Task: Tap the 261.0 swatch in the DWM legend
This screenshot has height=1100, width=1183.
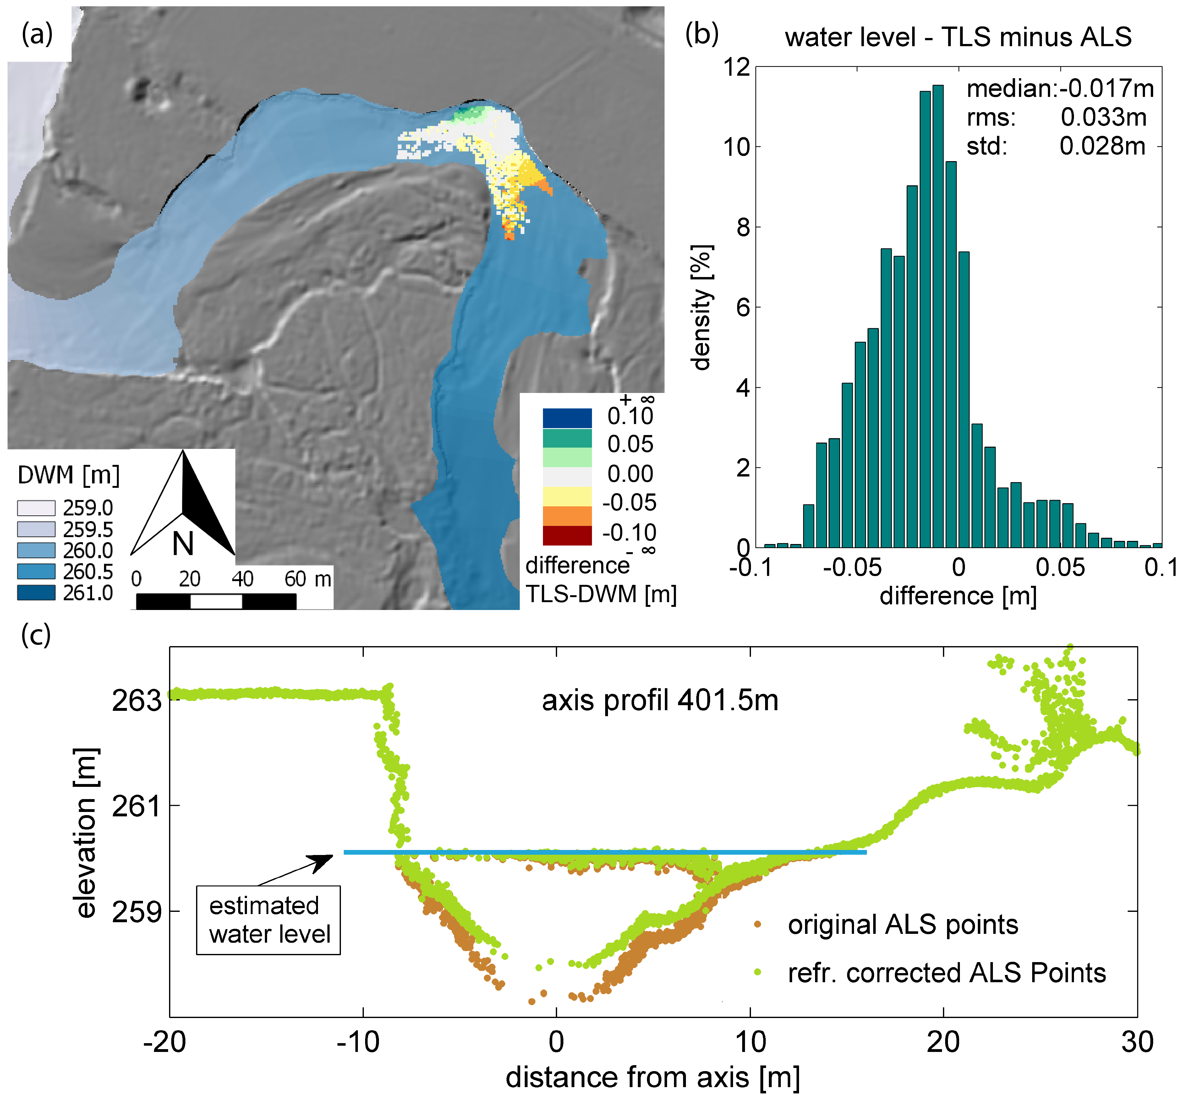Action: coord(36,592)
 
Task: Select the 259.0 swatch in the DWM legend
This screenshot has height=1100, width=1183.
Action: coord(36,508)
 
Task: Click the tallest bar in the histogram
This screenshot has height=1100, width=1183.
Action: coord(938,315)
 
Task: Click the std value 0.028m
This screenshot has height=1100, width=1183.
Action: coord(1102,146)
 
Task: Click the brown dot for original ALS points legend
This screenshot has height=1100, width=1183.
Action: coord(758,924)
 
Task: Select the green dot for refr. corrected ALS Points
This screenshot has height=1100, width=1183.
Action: coord(758,972)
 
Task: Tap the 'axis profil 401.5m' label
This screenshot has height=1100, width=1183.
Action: coord(659,700)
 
